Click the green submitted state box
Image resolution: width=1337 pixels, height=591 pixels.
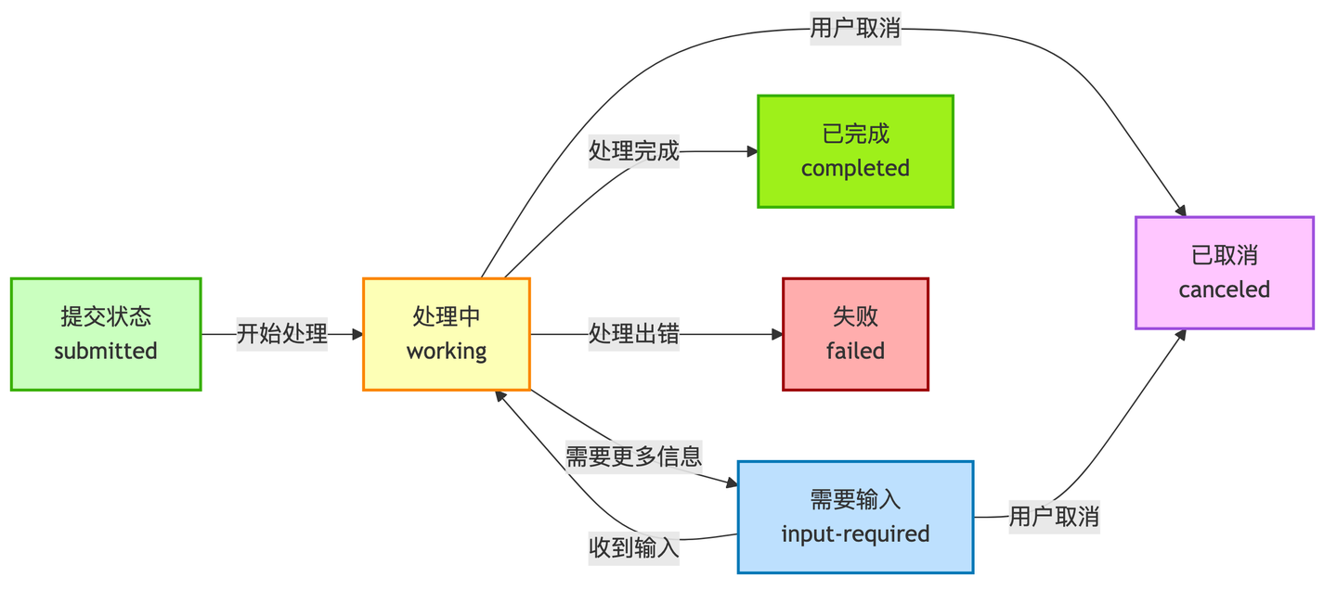(106, 334)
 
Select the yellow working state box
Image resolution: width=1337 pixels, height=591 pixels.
(446, 334)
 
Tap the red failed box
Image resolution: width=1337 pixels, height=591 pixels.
(855, 334)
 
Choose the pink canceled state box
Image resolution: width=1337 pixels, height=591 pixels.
(1224, 273)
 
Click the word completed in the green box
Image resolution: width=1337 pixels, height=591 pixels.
(855, 169)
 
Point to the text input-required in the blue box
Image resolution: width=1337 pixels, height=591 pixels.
(855, 534)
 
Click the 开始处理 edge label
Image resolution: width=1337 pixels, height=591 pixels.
(282, 334)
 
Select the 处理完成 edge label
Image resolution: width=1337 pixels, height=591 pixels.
(634, 151)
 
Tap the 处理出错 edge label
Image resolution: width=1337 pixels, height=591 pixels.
(634, 334)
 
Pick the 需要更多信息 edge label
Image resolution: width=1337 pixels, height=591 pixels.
(634, 456)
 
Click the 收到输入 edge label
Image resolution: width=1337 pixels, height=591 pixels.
(634, 547)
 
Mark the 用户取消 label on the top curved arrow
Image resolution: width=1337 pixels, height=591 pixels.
(855, 29)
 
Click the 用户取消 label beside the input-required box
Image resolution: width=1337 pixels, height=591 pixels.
(1054, 517)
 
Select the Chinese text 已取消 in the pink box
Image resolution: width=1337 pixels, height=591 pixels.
(1224, 255)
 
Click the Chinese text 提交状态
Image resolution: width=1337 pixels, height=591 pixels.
(106, 316)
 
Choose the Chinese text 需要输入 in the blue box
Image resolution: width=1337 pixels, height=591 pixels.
(855, 500)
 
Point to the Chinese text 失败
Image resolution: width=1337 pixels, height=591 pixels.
(855, 316)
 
